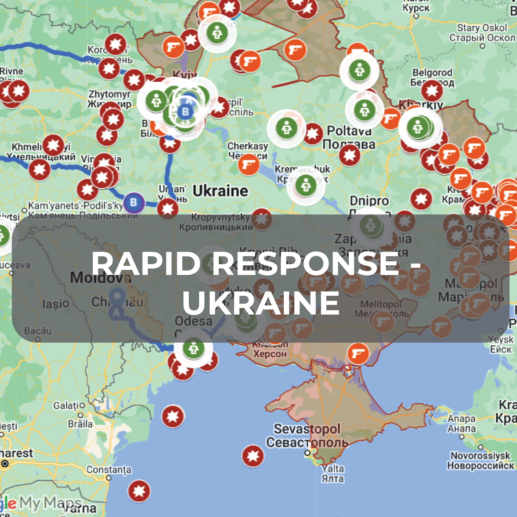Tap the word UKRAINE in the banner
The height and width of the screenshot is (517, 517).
tap(261, 303)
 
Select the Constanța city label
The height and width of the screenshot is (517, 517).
tap(109, 470)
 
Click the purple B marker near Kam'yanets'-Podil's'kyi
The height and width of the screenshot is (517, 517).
tap(134, 202)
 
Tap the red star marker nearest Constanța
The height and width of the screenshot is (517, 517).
tap(139, 491)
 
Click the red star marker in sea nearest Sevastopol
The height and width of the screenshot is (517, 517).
tap(253, 456)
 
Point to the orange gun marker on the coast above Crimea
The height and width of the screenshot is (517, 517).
tap(358, 354)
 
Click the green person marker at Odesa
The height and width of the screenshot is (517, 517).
tap(193, 348)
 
